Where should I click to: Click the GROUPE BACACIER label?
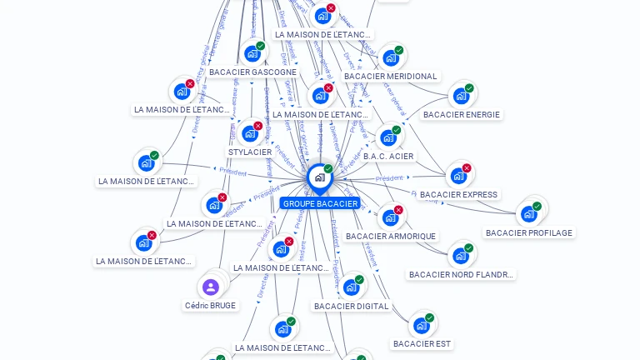320,203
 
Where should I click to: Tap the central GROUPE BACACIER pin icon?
319,177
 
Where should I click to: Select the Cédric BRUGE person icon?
211,287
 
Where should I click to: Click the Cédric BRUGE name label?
211,306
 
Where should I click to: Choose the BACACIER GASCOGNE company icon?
252,54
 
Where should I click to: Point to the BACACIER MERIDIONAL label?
390,77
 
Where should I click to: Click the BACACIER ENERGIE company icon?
461,96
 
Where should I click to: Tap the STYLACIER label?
250,152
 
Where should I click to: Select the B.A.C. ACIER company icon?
388,137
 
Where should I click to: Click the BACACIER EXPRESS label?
458,195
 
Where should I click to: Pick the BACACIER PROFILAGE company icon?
529,214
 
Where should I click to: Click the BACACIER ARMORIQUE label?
390,237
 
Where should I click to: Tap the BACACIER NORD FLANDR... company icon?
461,256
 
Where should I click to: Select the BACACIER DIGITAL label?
351,306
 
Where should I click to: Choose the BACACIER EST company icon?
422,325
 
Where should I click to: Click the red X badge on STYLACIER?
258,126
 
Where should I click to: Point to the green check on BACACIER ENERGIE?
469,87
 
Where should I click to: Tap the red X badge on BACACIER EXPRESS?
467,168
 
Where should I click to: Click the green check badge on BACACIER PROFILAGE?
537,206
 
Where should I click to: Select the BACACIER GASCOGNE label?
252,72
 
